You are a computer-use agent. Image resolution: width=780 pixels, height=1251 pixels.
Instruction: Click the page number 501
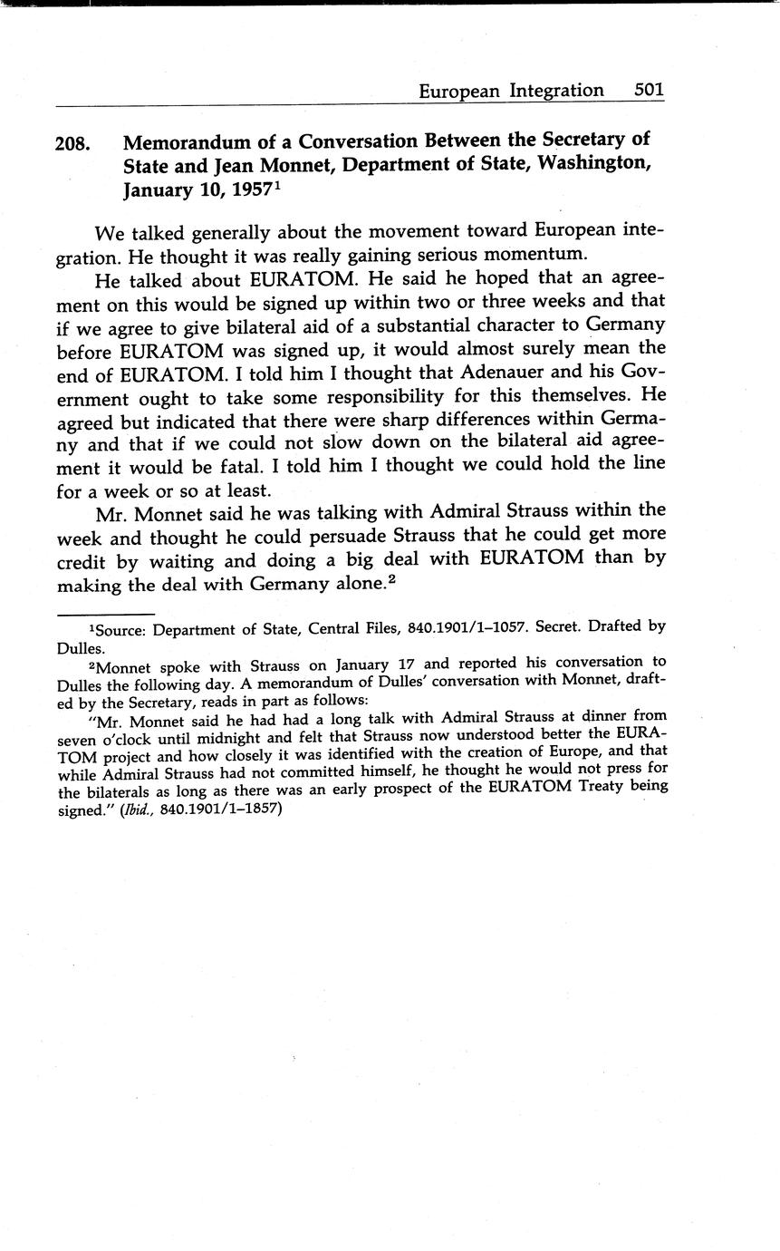pos(650,90)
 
